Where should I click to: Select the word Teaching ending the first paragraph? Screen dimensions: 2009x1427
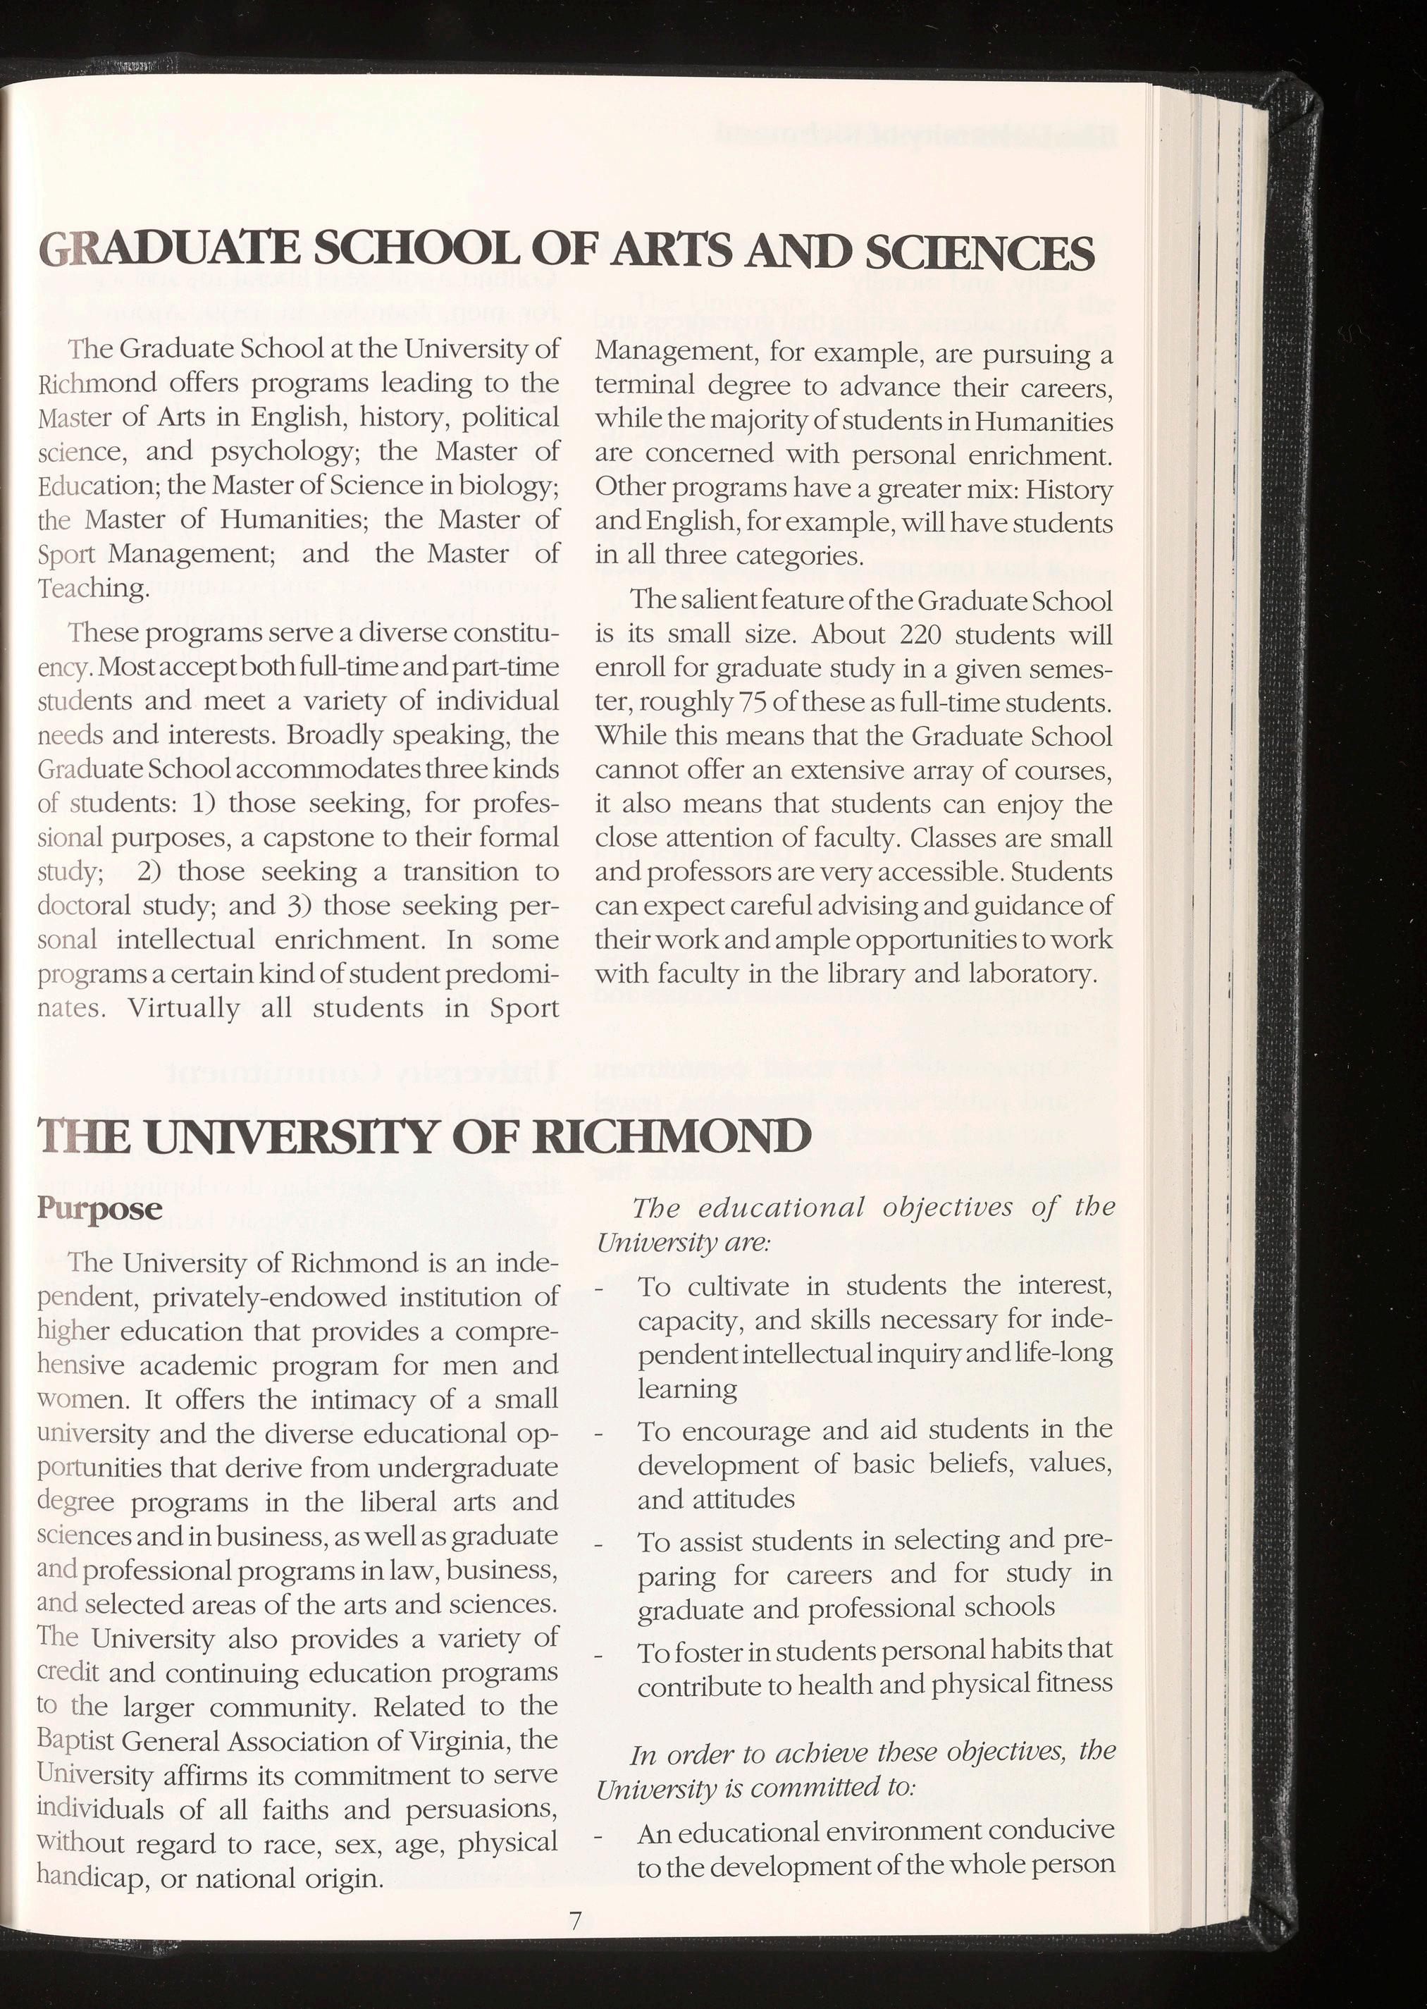tap(89, 588)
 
